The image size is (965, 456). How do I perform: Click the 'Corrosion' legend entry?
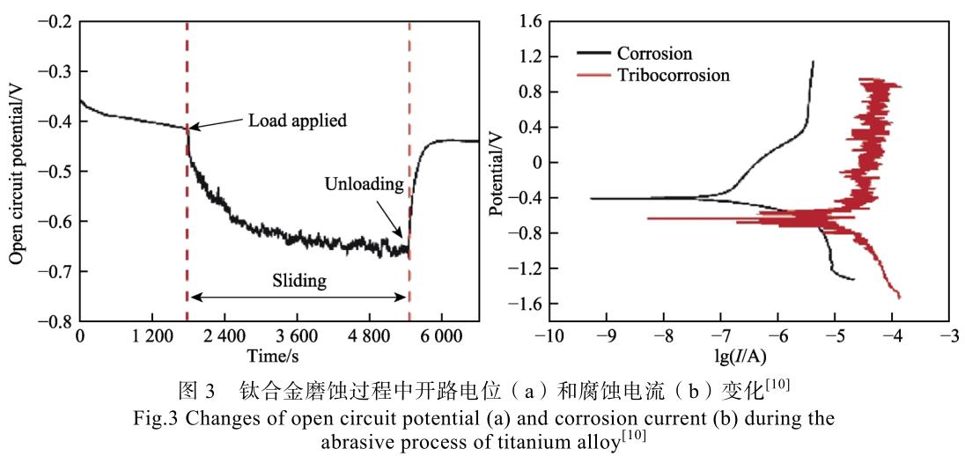point(653,54)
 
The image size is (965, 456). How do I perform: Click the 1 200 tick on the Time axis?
point(151,338)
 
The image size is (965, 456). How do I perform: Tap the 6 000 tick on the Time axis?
point(440,338)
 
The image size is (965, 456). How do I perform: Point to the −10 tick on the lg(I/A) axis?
point(549,338)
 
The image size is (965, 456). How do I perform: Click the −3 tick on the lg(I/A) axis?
point(949,338)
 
